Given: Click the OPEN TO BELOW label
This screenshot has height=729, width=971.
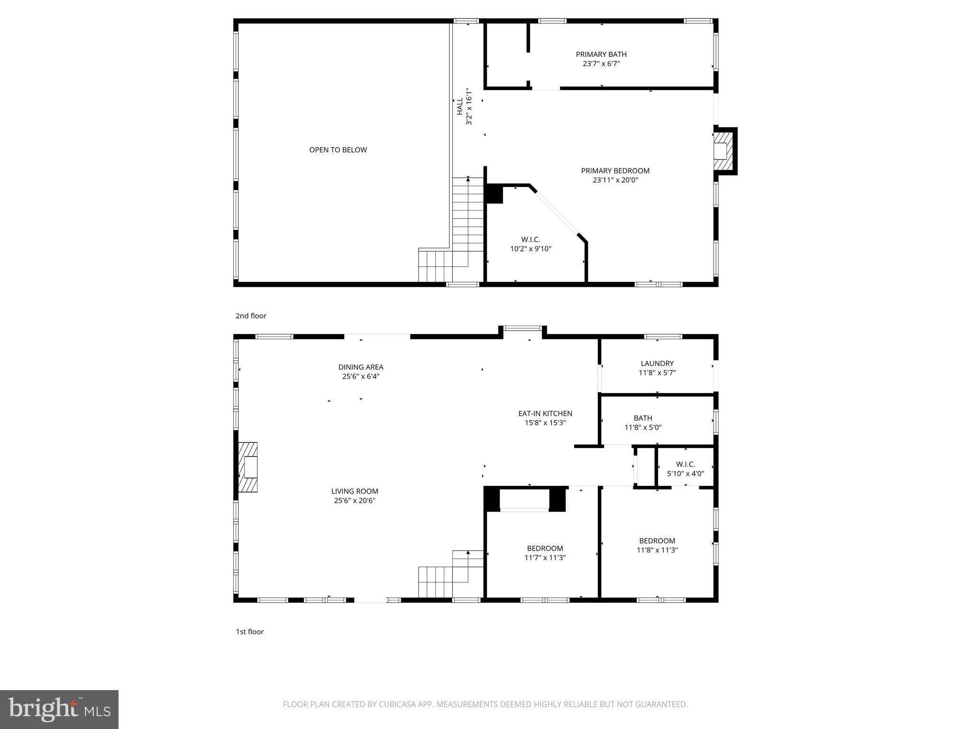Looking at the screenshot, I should (x=338, y=150).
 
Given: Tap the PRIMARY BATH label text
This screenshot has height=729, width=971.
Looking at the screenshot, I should (x=601, y=55).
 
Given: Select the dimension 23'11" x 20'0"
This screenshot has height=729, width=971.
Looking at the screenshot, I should (x=615, y=180).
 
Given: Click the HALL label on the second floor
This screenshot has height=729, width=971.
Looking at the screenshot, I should (x=459, y=106).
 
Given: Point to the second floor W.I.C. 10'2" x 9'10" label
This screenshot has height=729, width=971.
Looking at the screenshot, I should (x=531, y=244).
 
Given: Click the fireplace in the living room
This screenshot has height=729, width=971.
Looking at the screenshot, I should (x=249, y=467).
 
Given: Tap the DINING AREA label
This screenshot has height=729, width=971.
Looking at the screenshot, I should (x=360, y=367).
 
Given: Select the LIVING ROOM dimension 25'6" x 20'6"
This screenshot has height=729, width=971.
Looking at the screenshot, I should (x=355, y=501).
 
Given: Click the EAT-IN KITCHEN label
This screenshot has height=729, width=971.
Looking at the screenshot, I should (x=545, y=413).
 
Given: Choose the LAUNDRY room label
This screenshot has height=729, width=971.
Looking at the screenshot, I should (x=657, y=364).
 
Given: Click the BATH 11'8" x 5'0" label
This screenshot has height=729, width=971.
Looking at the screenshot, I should (x=642, y=423).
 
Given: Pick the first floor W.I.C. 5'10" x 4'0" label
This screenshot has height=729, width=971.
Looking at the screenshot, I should (x=685, y=469).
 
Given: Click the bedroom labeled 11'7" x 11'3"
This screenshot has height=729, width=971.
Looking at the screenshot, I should (x=545, y=553).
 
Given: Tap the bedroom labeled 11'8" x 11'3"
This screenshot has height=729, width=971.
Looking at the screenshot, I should (x=657, y=545).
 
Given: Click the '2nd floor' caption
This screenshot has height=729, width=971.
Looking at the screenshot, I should (x=251, y=316).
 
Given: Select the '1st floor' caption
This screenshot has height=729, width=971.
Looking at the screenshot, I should (x=249, y=632).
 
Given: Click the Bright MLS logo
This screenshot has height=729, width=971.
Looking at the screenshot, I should (x=59, y=709).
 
